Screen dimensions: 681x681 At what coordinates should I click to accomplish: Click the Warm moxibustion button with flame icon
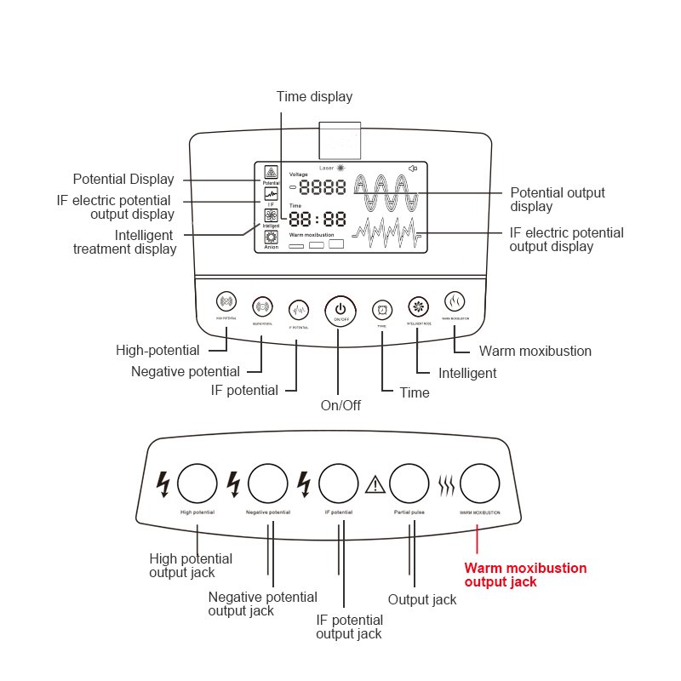[455, 301]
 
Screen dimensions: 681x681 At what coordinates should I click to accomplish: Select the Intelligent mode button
[418, 306]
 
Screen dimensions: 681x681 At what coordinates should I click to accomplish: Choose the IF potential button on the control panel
[298, 309]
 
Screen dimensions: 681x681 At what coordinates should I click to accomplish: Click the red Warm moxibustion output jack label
[524, 575]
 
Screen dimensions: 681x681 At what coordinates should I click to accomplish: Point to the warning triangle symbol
[375, 485]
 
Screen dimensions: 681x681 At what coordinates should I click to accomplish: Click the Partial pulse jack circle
[409, 484]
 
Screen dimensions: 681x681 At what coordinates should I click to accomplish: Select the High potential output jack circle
[197, 484]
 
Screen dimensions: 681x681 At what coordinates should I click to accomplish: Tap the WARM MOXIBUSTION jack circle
[480, 484]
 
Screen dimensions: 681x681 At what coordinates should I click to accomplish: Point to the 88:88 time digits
[318, 219]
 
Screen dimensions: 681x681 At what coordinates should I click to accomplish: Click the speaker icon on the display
[413, 169]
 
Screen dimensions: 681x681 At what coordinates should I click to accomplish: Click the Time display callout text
[314, 97]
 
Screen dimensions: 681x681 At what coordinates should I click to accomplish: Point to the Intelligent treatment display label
[124, 242]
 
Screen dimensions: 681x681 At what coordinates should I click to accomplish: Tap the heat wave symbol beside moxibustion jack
[446, 485]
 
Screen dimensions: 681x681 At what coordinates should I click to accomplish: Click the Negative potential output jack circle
[267, 484]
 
